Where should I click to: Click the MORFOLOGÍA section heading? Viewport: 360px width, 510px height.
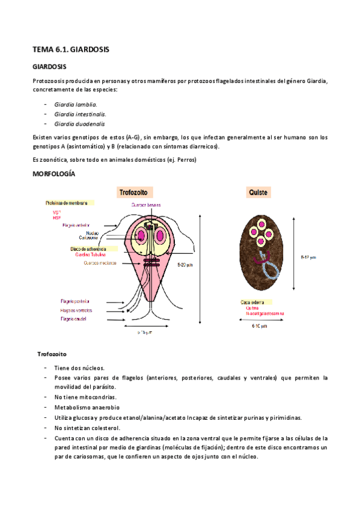pyautogui.click(x=54, y=173)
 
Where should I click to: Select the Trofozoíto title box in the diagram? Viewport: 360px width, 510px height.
pyautogui.click(x=135, y=192)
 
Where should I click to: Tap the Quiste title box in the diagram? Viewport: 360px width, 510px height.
pyautogui.click(x=258, y=192)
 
